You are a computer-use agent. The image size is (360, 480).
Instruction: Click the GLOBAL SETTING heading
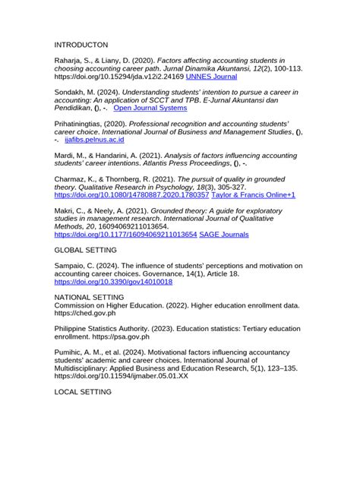[85, 250]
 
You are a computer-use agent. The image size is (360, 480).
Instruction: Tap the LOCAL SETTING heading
[84, 392]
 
